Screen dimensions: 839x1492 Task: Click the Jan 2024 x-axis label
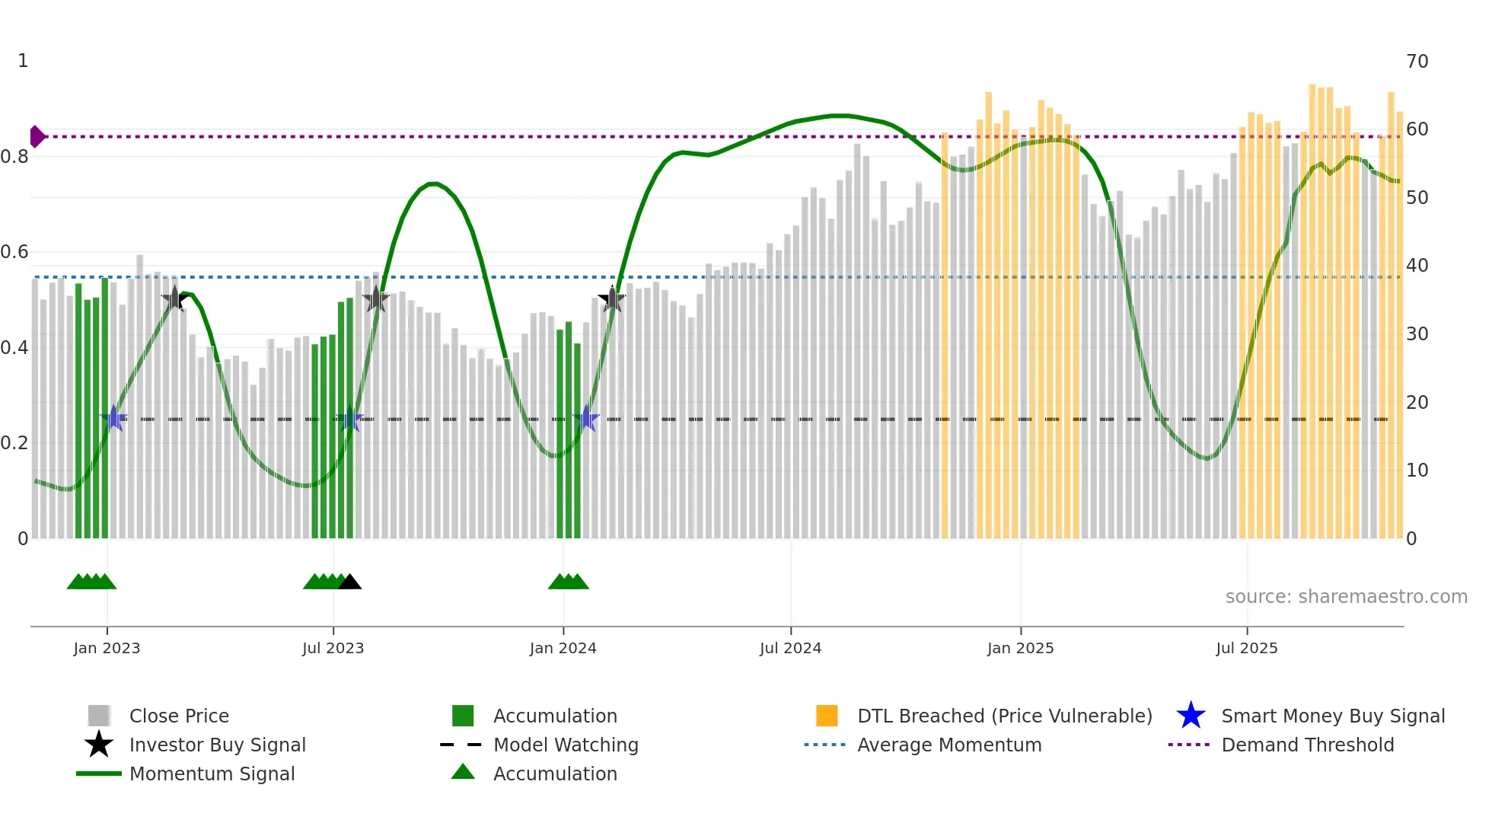pos(563,648)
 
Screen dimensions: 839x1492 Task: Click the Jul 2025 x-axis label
pos(1246,648)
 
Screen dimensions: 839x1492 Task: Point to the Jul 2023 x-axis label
pos(333,648)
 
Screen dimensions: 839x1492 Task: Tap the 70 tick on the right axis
pos(1417,61)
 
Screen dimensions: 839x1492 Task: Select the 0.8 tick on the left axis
pos(14,157)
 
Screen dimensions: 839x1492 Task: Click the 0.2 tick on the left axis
pos(14,443)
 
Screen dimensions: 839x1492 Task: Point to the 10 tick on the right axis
pos(1417,471)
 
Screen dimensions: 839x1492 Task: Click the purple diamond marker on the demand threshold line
pos(37,137)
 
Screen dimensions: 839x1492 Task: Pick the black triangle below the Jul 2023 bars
pos(349,582)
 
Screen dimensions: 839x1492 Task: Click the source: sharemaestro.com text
pos(1346,596)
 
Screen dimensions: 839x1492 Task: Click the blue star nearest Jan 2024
pos(586,418)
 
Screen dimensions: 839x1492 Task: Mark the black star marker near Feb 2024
pos(612,299)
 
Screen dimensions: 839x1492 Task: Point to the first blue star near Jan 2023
pos(113,418)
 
